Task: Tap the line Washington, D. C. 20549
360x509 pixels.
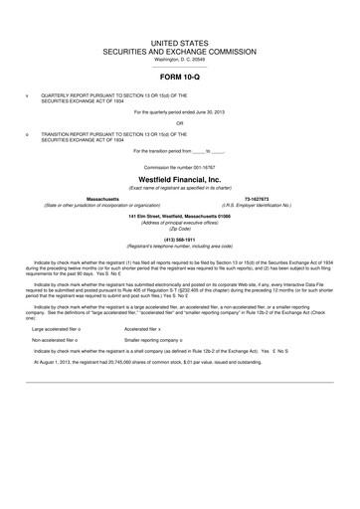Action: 180,57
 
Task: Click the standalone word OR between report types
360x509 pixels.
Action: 180,123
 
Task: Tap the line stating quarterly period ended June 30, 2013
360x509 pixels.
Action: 180,112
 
